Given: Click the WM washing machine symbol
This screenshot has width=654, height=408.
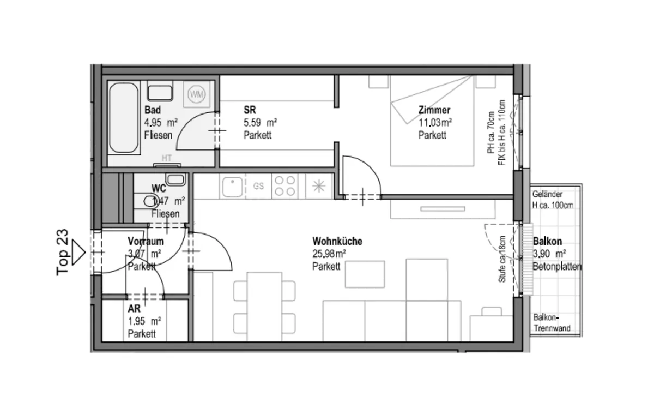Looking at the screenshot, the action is click(x=197, y=94).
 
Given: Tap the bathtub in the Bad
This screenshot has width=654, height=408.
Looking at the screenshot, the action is click(x=124, y=117).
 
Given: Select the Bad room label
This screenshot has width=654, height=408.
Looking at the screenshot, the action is click(x=153, y=110).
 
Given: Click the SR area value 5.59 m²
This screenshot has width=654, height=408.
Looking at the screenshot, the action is click(x=261, y=123).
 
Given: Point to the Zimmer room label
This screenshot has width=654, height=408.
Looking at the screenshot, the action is click(x=434, y=110).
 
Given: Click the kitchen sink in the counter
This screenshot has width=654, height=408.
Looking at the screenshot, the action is click(x=232, y=187).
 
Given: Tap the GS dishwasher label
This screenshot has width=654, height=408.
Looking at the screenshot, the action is click(x=258, y=186).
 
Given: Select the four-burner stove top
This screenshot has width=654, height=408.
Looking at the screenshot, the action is click(x=285, y=186).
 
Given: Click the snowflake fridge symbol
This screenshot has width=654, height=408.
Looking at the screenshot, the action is click(x=318, y=186).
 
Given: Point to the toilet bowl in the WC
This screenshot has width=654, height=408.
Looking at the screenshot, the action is click(x=150, y=201).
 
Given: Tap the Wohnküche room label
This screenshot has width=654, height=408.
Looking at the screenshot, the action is click(x=337, y=242).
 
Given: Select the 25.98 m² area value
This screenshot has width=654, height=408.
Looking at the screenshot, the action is click(x=329, y=254).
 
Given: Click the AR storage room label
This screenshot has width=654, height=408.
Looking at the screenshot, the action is click(x=134, y=309).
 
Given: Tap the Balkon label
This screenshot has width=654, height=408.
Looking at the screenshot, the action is click(x=547, y=242).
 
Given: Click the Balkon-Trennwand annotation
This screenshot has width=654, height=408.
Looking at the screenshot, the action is click(x=552, y=323).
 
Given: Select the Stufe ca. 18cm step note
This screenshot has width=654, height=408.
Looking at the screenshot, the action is click(x=502, y=259).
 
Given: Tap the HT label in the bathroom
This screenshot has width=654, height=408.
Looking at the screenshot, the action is click(x=166, y=158).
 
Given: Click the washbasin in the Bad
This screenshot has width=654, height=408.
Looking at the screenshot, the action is click(x=160, y=92).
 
